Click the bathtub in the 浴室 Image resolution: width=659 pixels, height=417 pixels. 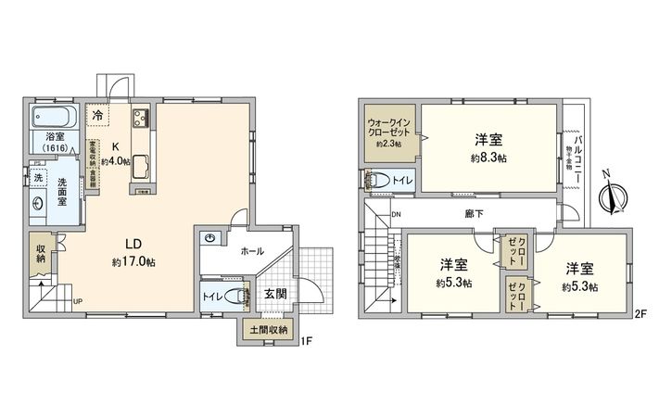[56, 119]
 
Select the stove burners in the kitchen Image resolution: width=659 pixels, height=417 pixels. [143, 118]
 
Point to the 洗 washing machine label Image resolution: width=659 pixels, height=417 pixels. [39, 176]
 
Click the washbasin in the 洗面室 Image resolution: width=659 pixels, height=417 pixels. [38, 205]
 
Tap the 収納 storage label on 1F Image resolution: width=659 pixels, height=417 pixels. [42, 252]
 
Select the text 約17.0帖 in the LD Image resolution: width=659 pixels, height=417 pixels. [133, 262]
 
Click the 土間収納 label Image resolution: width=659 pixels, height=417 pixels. [268, 329]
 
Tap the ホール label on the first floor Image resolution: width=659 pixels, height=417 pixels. [252, 250]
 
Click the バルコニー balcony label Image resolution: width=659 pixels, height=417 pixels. [576, 147]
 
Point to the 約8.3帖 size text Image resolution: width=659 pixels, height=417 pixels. [488, 158]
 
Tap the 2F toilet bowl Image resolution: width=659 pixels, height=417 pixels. [382, 181]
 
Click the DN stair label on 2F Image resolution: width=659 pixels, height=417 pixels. [397, 216]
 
